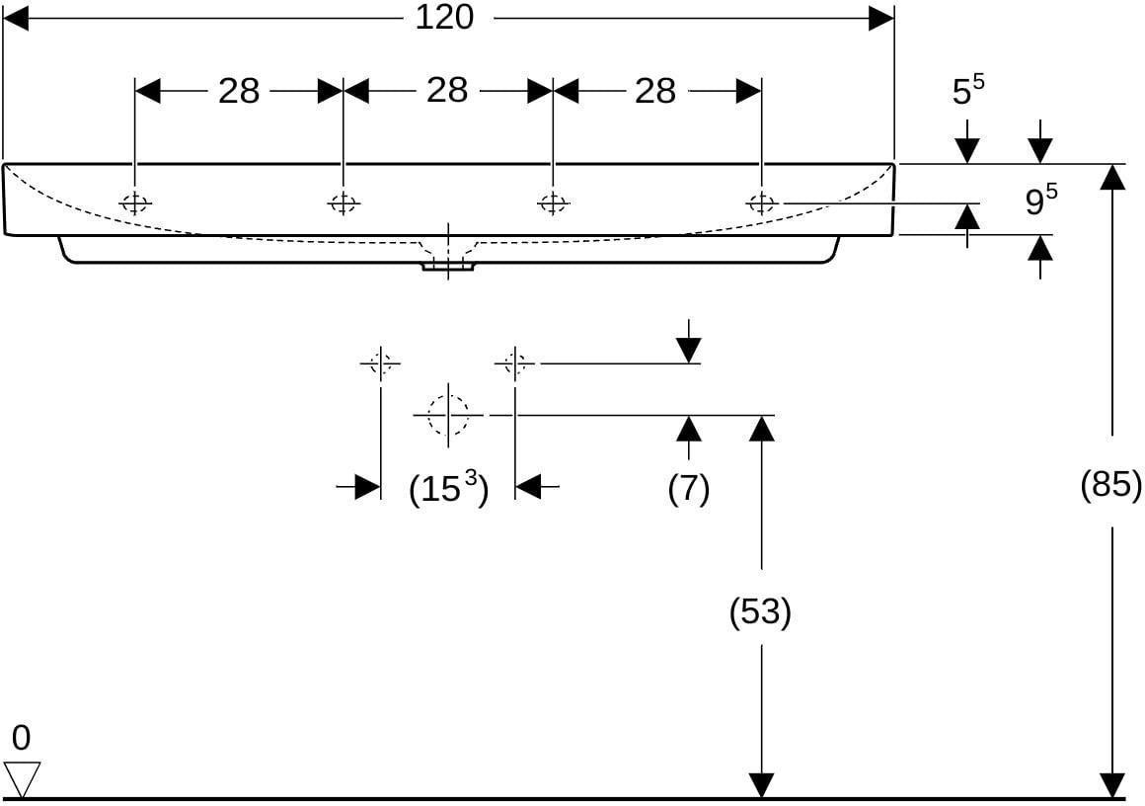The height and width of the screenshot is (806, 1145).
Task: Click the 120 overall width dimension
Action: pyautogui.click(x=444, y=18)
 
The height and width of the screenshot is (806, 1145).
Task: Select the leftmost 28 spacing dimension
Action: pyautogui.click(x=239, y=91)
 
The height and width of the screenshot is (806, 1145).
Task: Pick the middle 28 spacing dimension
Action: pyautogui.click(x=447, y=91)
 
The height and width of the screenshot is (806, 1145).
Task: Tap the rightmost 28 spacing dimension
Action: pyautogui.click(x=655, y=91)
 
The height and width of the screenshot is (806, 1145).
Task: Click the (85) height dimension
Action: pyautogui.click(x=1110, y=484)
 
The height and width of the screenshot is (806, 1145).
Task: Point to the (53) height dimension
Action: pyautogui.click(x=760, y=611)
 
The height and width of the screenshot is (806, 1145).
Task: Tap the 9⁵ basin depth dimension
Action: pyautogui.click(x=1040, y=200)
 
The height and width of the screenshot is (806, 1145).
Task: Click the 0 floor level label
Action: pyautogui.click(x=21, y=739)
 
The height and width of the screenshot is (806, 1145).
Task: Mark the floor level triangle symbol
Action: pyautogui.click(x=22, y=779)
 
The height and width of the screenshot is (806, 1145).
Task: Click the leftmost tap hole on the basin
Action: pyautogui.click(x=135, y=203)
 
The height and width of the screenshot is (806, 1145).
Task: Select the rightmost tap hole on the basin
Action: pyautogui.click(x=761, y=203)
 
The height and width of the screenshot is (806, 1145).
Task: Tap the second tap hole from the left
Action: pyautogui.click(x=343, y=203)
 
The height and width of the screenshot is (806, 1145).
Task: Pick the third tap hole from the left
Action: pyautogui.click(x=553, y=203)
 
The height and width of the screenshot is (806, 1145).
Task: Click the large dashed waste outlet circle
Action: pyautogui.click(x=447, y=414)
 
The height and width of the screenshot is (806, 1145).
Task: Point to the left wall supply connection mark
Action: pyautogui.click(x=380, y=363)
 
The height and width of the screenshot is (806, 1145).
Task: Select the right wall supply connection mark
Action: pyautogui.click(x=515, y=363)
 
